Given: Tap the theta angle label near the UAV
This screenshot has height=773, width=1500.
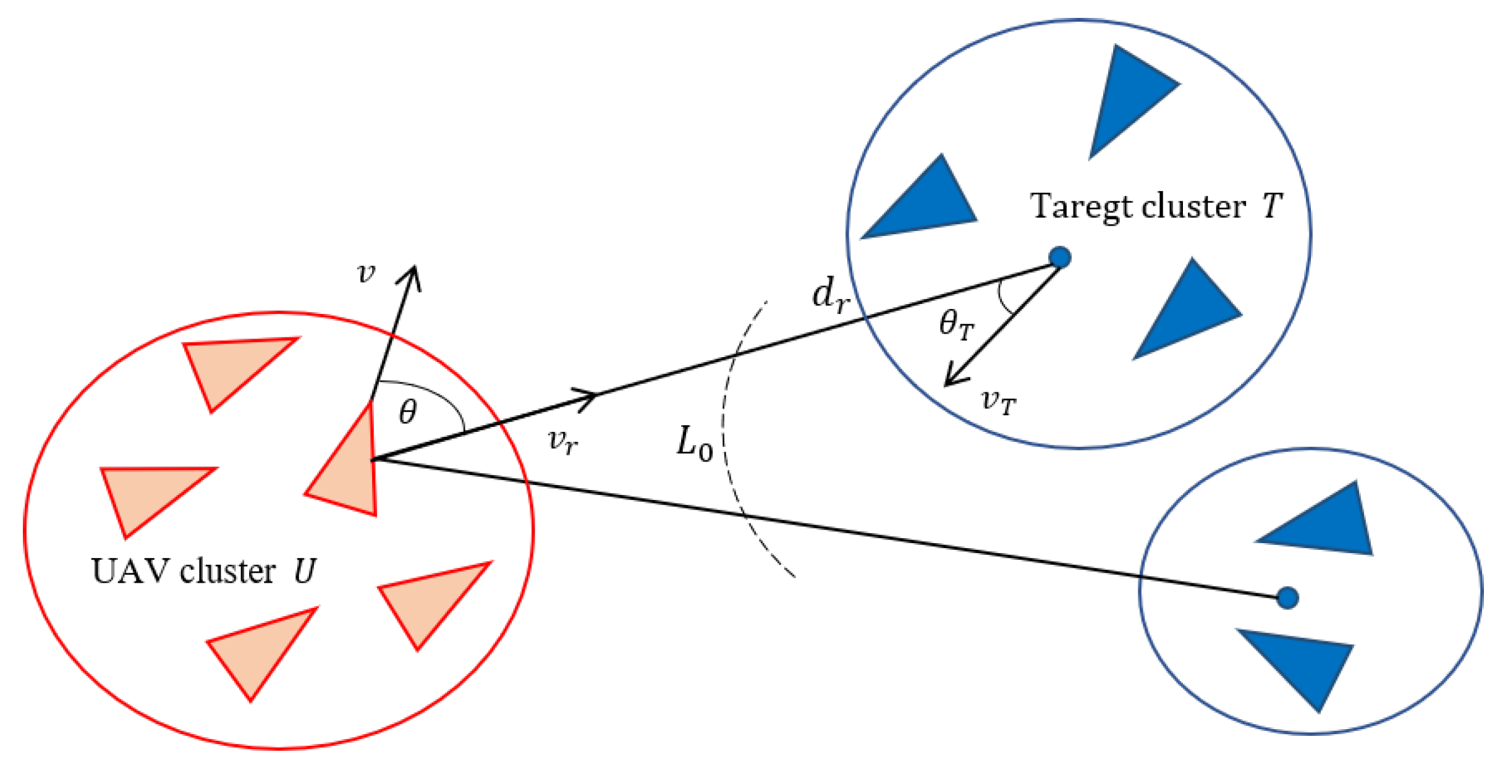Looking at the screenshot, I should pos(408,412).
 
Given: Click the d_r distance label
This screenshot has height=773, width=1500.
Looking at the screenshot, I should pos(831,295).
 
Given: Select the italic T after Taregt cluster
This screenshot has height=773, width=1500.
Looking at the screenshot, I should pos(1272,206).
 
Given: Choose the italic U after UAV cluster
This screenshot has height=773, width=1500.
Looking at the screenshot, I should pos(304,572).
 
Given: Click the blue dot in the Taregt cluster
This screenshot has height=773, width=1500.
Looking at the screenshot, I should pos(1060,257).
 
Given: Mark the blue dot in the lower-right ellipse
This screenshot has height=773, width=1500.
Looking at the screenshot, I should pos(1287,598).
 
